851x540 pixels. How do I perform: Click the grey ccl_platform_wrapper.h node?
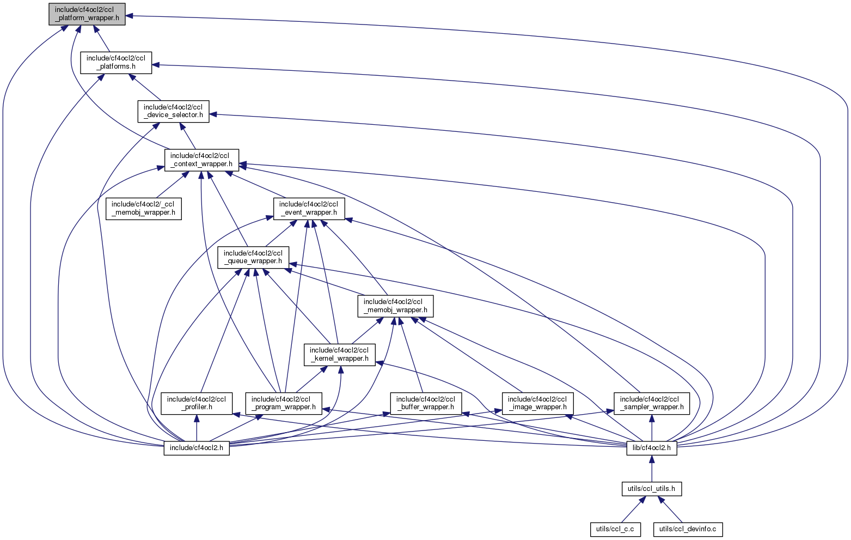click(x=87, y=14)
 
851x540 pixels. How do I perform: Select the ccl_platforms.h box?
click(x=116, y=63)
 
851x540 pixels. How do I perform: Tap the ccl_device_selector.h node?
click(x=173, y=111)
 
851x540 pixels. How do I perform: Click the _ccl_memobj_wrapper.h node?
click(x=144, y=209)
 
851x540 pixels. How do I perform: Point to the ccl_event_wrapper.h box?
click(x=308, y=209)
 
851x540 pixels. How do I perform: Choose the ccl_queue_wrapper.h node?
click(x=253, y=257)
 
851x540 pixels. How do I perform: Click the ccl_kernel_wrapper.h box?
click(x=339, y=355)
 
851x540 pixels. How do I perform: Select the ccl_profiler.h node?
click(x=197, y=403)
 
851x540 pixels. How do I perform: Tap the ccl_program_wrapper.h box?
click(x=283, y=403)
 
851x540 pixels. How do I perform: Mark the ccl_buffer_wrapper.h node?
click(x=426, y=403)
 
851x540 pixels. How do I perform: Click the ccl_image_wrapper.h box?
click(x=537, y=403)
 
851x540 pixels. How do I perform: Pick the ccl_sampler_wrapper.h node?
click(x=652, y=403)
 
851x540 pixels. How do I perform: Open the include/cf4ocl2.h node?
click(x=197, y=448)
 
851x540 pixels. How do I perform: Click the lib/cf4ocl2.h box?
click(x=652, y=448)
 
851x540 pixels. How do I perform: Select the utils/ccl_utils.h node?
click(x=652, y=489)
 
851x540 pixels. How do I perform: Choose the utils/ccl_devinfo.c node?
click(x=688, y=529)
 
